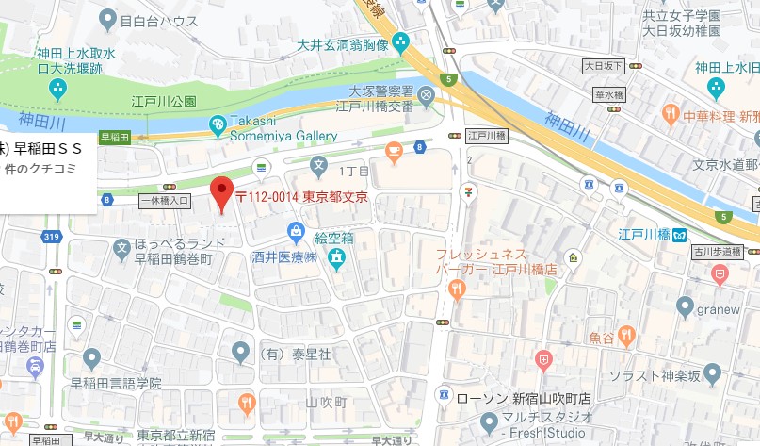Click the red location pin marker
[x=220, y=193]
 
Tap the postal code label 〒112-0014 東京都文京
[x=300, y=197]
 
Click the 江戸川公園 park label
[x=164, y=101]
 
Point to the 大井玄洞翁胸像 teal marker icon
[x=402, y=42]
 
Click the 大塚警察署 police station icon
[x=426, y=94]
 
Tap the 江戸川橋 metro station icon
[x=679, y=234]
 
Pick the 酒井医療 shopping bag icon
[x=297, y=229]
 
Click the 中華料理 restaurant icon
[x=670, y=115]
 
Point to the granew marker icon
[x=686, y=306]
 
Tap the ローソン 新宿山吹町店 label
[x=523, y=398]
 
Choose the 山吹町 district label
[x=327, y=402]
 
